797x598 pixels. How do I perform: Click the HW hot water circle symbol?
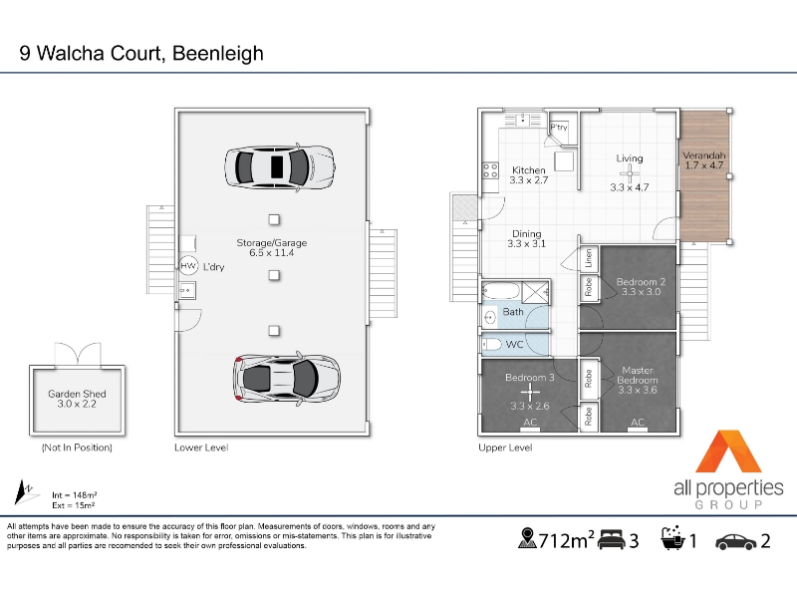tap(188, 265)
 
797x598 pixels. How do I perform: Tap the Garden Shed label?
tap(77, 394)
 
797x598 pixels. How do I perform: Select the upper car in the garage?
tap(280, 166)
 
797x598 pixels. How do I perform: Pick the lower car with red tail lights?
tap(287, 379)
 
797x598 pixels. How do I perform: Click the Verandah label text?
tap(704, 155)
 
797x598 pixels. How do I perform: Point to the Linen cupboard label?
tap(589, 258)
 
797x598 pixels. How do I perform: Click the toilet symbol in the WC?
tap(491, 345)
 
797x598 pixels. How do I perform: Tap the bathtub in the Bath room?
tap(501, 291)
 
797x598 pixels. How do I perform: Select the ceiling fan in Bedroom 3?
tap(530, 393)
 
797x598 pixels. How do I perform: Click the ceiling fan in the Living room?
tap(630, 173)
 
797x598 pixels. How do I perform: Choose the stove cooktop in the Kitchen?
tap(490, 170)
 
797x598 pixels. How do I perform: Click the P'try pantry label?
tap(559, 128)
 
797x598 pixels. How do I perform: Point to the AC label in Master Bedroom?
tap(638, 422)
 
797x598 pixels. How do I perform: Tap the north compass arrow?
tap(23, 491)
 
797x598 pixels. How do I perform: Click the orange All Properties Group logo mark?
tap(728, 451)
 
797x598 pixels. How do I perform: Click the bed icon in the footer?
tap(611, 539)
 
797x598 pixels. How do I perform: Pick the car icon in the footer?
tap(736, 541)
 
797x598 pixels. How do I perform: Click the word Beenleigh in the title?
tap(217, 54)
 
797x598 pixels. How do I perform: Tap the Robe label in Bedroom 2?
tap(589, 287)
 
